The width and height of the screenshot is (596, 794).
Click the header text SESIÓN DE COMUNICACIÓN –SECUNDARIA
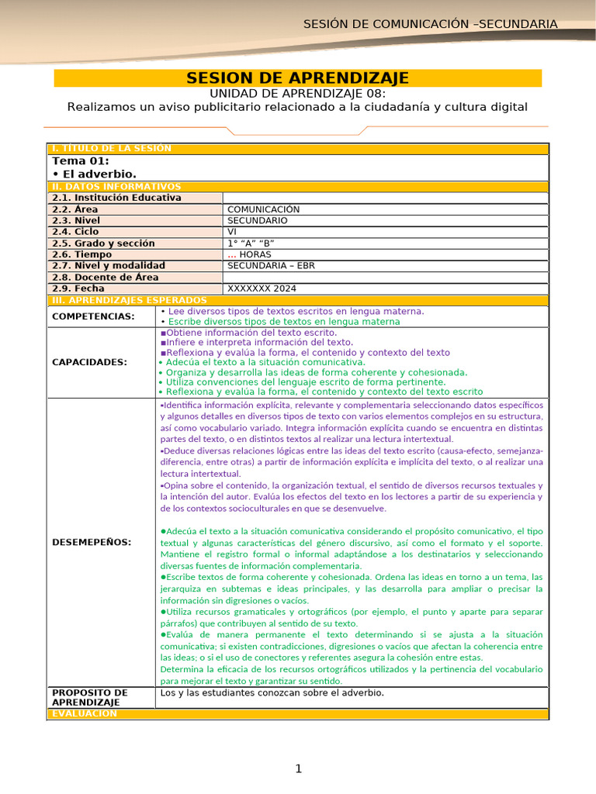[430, 24]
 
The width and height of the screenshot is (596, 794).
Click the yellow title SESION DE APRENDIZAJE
[297, 78]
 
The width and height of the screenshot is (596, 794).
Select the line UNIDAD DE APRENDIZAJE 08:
[297, 93]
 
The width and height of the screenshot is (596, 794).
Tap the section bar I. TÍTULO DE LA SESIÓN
[110, 148]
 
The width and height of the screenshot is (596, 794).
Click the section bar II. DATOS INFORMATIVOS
[116, 187]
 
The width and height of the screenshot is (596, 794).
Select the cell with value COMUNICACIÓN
[263, 209]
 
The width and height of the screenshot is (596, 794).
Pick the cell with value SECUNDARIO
[257, 220]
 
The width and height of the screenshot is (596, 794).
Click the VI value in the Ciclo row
[232, 232]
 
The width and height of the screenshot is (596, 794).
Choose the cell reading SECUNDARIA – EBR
[271, 266]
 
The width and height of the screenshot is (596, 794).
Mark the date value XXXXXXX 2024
[262, 288]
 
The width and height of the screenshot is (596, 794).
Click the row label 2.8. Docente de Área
[105, 277]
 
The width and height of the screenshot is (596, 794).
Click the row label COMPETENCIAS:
[92, 316]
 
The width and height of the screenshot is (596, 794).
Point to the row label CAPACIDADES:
[89, 362]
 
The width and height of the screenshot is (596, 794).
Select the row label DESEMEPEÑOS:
[91, 542]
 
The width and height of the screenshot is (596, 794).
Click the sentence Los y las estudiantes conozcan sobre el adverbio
[272, 693]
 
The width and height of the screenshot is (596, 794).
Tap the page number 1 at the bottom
[297, 768]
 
